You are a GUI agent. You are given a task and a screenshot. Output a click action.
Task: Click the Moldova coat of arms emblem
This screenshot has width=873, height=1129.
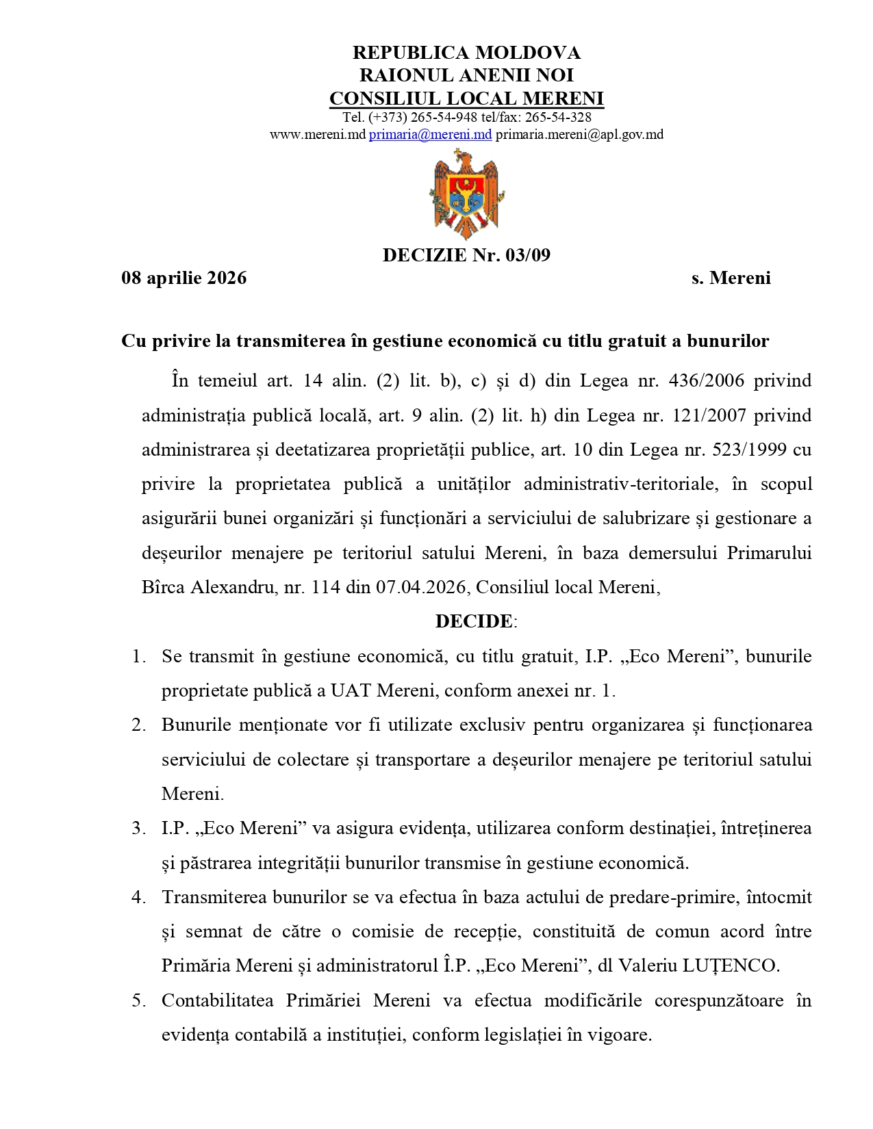pos(466,196)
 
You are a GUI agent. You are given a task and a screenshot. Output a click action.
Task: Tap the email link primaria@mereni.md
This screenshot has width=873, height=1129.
pos(430,135)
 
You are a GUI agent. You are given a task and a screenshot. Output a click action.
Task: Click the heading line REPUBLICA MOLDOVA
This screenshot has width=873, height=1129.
pos(466,53)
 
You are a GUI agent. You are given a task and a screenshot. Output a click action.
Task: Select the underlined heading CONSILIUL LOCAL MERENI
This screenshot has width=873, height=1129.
pos(466,99)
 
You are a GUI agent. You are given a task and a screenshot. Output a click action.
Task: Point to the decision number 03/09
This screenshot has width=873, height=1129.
pos(528,255)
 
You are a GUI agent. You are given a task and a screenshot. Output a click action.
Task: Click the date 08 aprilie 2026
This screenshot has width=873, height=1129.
pos(184,278)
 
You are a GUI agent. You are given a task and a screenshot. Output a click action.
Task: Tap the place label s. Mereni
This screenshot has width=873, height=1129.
pos(731,278)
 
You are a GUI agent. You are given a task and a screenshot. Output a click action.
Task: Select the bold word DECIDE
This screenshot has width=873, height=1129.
pos(474,621)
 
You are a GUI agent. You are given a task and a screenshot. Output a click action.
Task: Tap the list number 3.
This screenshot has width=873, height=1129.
pos(138,828)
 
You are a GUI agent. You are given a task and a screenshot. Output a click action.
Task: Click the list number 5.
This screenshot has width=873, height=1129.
pos(138,1000)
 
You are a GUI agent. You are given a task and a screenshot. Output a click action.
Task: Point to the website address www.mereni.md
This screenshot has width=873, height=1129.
pos(318,135)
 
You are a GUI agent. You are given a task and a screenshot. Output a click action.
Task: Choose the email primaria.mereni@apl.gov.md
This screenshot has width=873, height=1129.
pos(579,135)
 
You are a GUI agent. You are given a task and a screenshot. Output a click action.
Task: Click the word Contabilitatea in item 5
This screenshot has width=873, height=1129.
pos(217,1000)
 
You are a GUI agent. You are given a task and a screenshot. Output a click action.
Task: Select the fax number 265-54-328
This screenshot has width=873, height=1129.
pos(558,117)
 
